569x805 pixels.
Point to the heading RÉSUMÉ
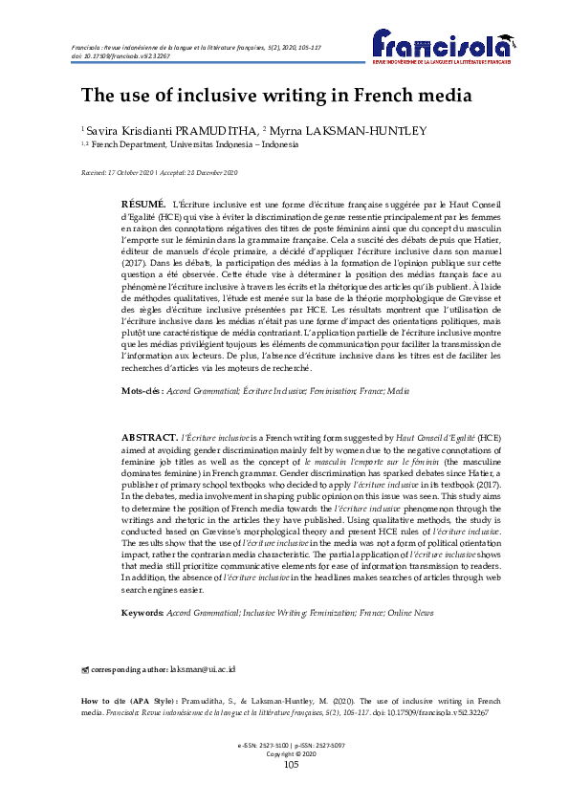[143, 206]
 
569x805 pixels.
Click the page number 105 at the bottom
[292, 765]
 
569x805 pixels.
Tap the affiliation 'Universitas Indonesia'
[230, 144]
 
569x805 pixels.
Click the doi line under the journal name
[109, 56]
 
